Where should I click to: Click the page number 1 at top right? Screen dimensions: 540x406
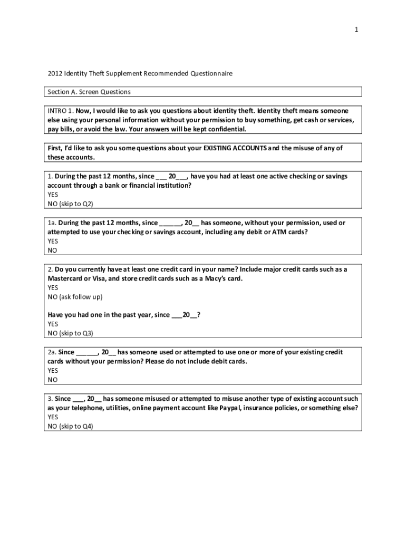pyautogui.click(x=356, y=30)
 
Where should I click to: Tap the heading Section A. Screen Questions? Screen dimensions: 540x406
pyautogui.click(x=89, y=92)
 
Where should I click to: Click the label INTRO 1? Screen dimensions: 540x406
pyautogui.click(x=60, y=111)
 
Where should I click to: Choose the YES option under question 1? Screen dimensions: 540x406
pyautogui.click(x=53, y=195)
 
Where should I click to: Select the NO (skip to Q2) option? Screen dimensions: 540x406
pyautogui.click(x=70, y=204)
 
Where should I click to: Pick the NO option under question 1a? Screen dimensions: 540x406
pyautogui.click(x=52, y=250)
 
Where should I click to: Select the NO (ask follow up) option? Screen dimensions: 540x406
pyautogui.click(x=75, y=297)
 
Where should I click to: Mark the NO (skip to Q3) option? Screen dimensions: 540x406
pyautogui.click(x=70, y=333)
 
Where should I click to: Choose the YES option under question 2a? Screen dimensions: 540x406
pyautogui.click(x=53, y=370)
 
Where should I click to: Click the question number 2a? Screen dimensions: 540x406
pyautogui.click(x=52, y=352)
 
